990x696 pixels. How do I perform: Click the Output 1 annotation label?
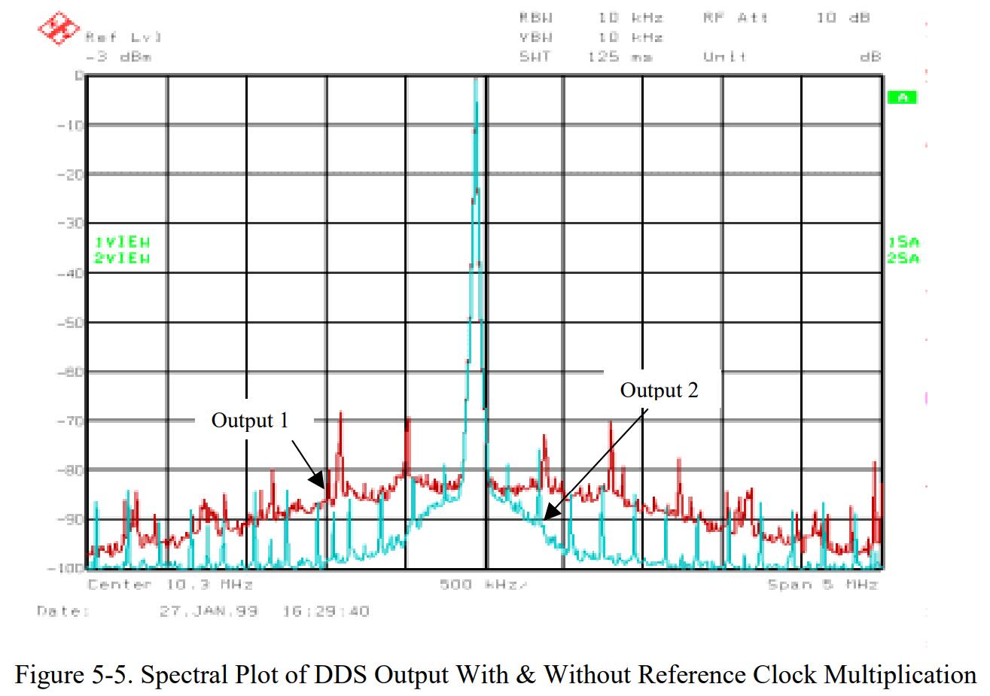tap(249, 420)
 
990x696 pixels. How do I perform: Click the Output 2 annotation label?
tap(659, 390)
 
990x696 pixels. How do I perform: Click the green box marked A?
tap(901, 97)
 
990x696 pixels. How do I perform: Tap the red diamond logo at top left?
tap(59, 29)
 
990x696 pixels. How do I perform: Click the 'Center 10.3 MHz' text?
tap(170, 585)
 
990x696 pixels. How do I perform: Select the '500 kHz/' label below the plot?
tap(484, 585)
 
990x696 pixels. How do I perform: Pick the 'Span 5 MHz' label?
tap(822, 585)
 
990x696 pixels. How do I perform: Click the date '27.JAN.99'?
tap(209, 611)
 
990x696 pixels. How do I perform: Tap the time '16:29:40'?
tap(325, 611)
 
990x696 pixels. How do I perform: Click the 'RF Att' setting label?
tap(736, 17)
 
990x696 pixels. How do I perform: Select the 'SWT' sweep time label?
tap(535, 56)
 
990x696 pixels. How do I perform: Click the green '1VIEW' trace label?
tap(121, 242)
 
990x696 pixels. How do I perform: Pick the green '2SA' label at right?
tap(903, 259)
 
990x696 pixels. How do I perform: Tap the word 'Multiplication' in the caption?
tap(900, 674)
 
